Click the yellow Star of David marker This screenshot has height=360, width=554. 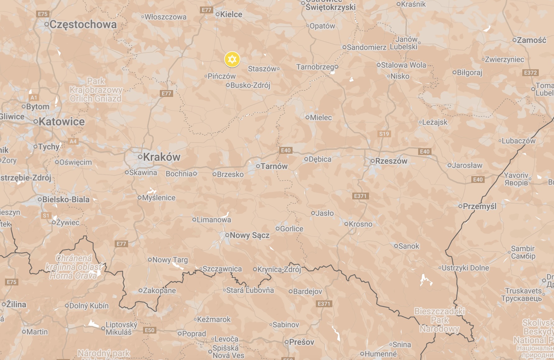232,59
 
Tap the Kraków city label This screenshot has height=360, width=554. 161,157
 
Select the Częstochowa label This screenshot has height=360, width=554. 83,24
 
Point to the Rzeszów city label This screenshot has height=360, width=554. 391,161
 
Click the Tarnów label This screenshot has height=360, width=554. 274,166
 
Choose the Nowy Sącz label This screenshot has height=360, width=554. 249,235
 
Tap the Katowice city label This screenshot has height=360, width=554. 62,121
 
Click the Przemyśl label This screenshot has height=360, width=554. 479,206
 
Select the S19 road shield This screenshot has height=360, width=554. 384,134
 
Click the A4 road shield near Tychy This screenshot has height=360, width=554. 73,141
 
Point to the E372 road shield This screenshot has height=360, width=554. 530,73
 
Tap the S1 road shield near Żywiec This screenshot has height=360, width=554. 46,215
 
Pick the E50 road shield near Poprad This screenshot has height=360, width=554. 150,330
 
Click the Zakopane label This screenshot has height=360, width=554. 159,290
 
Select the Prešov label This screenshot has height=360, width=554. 302,342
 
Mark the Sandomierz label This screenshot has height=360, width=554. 367,47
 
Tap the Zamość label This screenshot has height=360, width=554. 531,40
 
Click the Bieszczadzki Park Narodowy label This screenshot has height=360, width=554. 440,320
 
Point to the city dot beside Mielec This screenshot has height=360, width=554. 307,117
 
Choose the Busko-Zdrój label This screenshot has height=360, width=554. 250,85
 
